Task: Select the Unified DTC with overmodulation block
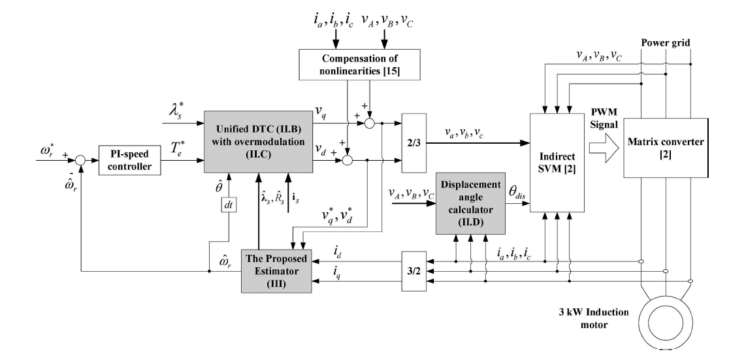point(257,142)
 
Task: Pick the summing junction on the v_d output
point(348,159)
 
